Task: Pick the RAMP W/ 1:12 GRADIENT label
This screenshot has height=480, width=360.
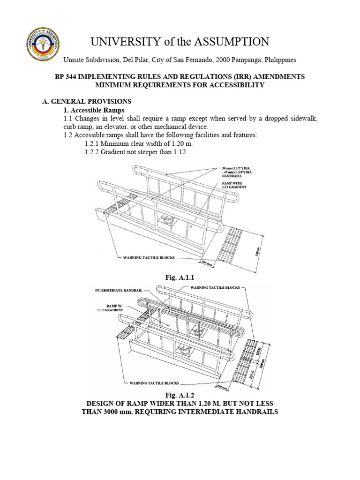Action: pyautogui.click(x=112, y=308)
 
